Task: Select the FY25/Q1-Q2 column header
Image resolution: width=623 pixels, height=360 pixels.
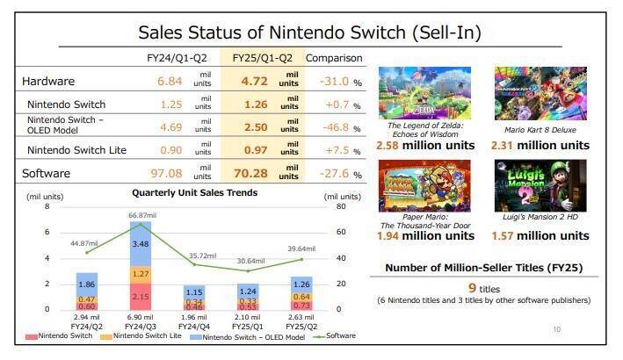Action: [263, 58]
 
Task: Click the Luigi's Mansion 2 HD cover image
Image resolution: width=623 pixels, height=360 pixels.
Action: [553, 185]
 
